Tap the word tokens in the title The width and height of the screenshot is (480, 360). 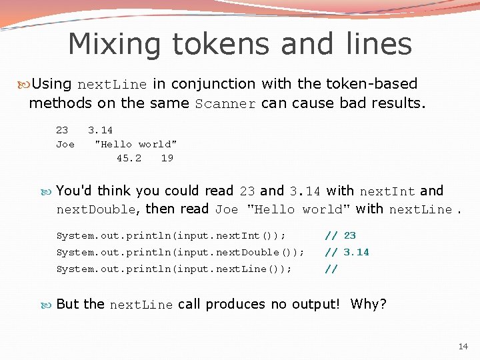(217, 45)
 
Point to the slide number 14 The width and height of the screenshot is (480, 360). (463, 346)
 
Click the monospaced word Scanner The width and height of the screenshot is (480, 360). (225, 104)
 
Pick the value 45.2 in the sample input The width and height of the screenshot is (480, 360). (129, 158)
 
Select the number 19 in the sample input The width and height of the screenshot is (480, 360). (167, 158)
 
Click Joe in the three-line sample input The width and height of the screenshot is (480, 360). (65, 144)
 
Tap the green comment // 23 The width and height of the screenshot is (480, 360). (340, 235)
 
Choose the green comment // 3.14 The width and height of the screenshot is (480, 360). (347, 252)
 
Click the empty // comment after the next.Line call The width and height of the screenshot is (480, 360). (331, 269)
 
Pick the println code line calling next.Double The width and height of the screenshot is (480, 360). (180, 252)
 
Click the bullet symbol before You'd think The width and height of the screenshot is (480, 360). (49, 191)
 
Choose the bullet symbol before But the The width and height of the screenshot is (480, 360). (49, 305)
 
